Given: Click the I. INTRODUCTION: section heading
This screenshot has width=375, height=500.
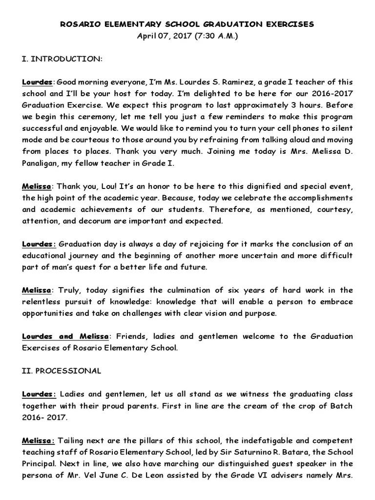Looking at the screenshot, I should tap(62, 59).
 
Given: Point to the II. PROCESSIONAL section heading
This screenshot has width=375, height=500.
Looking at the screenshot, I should tap(62, 371).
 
